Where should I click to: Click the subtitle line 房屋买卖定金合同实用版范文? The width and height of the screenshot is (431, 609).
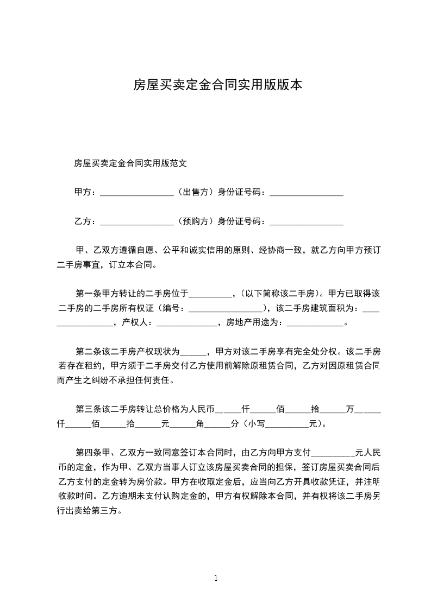coord(130,162)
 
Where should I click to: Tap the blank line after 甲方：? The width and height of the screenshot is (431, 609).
coord(136,193)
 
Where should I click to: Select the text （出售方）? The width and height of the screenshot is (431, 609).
coord(195,192)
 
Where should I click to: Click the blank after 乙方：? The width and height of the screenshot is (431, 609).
coord(136,222)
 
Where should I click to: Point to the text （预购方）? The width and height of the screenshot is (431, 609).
coord(195,221)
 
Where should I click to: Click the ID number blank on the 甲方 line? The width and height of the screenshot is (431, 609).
coord(306,193)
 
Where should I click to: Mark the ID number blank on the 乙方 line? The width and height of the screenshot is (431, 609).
coord(306,222)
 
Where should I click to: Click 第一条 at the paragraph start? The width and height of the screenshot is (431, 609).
coord(89,294)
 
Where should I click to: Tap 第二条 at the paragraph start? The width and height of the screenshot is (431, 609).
coord(89,351)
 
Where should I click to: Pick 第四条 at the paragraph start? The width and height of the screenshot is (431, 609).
coord(89,452)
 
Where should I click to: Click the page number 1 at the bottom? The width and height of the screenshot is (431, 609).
coord(216,578)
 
